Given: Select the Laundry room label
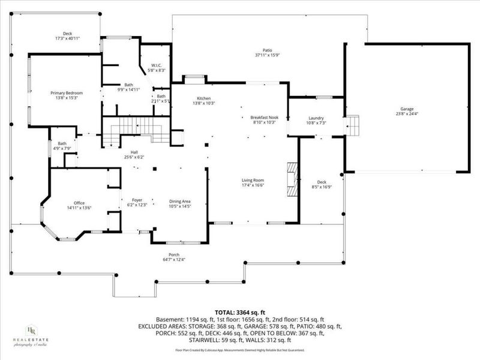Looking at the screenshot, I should coord(316,118).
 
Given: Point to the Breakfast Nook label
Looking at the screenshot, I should coord(263,118).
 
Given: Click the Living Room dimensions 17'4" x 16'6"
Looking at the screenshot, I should coord(253,185).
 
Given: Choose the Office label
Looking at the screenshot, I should coord(79,203).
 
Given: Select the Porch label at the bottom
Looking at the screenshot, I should coord(174,254).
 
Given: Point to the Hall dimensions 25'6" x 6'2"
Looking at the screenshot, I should coord(134,157).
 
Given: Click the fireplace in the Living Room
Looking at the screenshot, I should coord(292,178).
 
